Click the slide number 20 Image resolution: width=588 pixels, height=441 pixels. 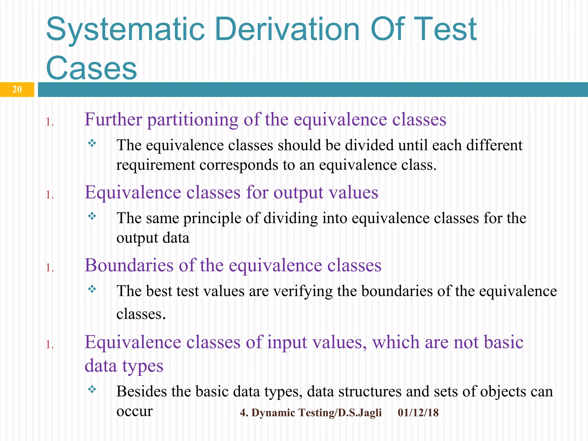[17, 89]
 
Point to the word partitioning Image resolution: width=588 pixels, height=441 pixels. [193, 120]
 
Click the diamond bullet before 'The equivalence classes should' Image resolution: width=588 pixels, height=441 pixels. [92, 143]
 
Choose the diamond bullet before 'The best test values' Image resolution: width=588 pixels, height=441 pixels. [92, 289]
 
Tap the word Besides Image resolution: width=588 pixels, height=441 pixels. [142, 391]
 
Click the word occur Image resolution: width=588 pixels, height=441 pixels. [134, 411]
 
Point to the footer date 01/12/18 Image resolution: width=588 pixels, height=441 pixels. [418, 413]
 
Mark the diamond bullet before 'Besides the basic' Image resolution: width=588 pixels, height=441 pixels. [92, 389]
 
